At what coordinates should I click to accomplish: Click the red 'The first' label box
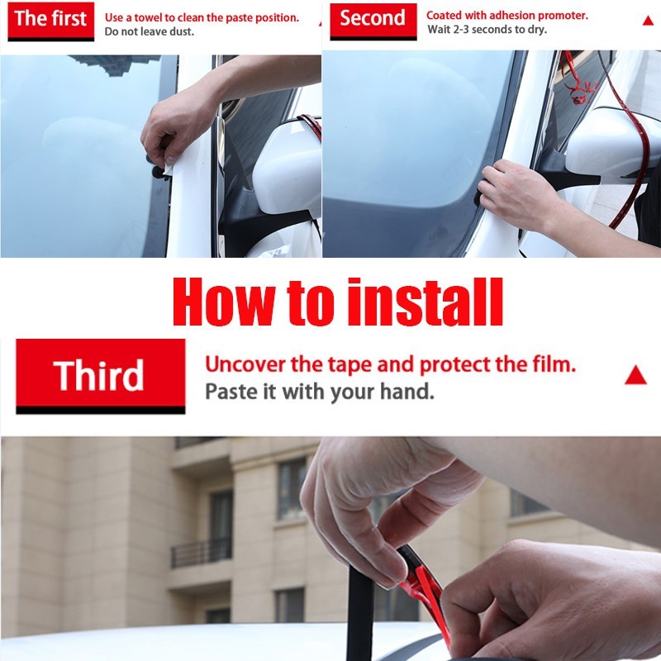[50, 20]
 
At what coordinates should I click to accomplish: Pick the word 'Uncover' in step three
[245, 364]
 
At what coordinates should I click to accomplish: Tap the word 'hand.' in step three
[407, 392]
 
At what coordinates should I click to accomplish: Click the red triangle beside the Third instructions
[635, 375]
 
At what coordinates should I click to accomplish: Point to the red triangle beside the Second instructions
[648, 20]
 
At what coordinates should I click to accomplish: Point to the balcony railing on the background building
[202, 552]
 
